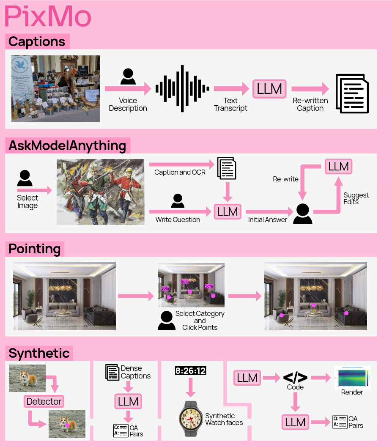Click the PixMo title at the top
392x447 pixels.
coord(48,17)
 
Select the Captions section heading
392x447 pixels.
coord(37,41)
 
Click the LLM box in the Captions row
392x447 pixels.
coord(269,89)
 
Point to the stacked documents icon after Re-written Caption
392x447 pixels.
coord(351,93)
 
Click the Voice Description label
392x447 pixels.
coord(128,104)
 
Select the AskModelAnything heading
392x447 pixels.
coord(67,146)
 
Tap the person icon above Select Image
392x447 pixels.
coord(25,178)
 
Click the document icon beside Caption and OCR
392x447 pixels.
coord(227,168)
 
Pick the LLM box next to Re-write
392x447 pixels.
coord(338,167)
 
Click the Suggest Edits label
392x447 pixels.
coord(356,198)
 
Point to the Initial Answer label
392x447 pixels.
coord(267,219)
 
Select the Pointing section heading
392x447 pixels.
coord(35,249)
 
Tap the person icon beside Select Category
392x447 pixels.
coord(167,321)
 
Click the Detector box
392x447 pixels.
coord(44,401)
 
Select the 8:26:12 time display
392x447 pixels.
coord(190,371)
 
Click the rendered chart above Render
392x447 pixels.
coord(352,377)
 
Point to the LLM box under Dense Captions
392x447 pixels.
coord(128,401)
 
